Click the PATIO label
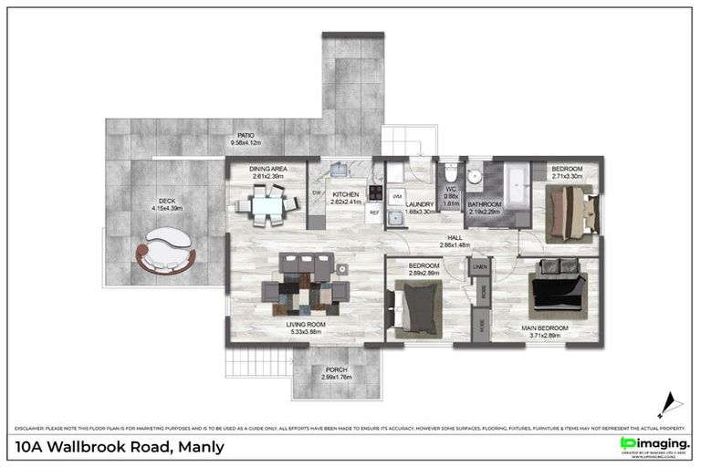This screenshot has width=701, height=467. [x=245, y=135]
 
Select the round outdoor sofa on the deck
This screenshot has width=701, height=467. [x=165, y=250]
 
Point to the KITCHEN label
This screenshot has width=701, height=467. [x=346, y=194]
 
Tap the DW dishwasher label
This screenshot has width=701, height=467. [x=317, y=192]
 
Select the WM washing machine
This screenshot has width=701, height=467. [x=397, y=196]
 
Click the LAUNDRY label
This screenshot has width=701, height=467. [x=419, y=204]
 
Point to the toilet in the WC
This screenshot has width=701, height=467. [x=449, y=176]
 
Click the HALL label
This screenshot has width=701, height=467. [x=454, y=237]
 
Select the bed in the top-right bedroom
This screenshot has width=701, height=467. [x=570, y=213]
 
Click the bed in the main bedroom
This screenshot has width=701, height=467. [x=558, y=285]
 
